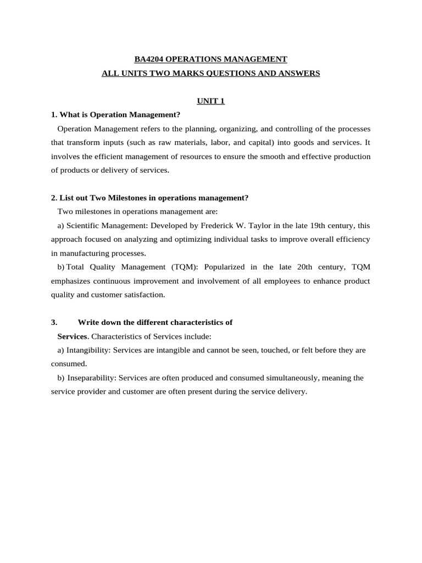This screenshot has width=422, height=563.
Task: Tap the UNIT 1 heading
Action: pyautogui.click(x=211, y=101)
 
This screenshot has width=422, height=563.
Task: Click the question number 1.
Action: pyautogui.click(x=53, y=115)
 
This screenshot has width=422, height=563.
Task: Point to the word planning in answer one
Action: pyautogui.click(x=202, y=129)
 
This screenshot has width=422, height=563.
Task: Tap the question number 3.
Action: pyautogui.click(x=53, y=322)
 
